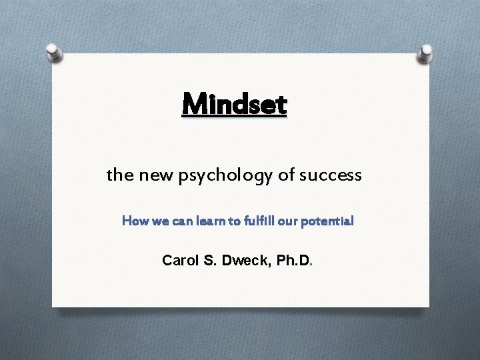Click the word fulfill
(x=250, y=221)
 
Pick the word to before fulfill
(x=225, y=221)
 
